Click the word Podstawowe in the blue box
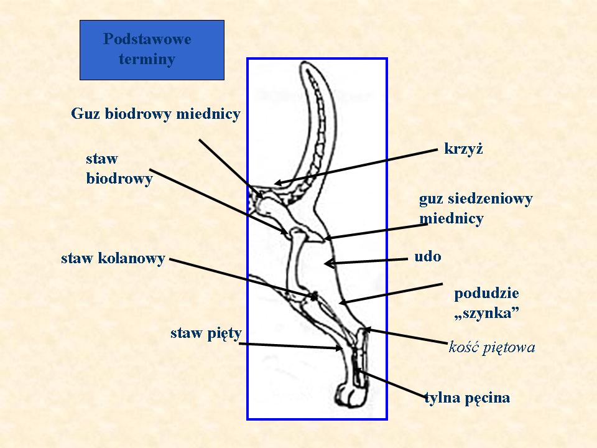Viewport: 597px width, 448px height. [x=147, y=39]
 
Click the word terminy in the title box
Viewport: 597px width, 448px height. [x=147, y=60]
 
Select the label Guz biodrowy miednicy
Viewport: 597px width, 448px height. [x=155, y=114]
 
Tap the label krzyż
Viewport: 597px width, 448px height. [x=464, y=149]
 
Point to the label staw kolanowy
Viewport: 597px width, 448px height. [x=113, y=258]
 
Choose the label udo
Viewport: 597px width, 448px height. [x=427, y=256]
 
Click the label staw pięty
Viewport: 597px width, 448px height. [x=206, y=334]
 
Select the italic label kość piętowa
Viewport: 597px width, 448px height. [x=491, y=347]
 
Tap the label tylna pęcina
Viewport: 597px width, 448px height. [x=467, y=398]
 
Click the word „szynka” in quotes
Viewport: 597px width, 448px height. [x=487, y=314]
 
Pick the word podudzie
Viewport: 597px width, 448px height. [x=486, y=293]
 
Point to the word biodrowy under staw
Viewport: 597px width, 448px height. [x=119, y=179]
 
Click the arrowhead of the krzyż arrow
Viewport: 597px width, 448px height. [x=277, y=184]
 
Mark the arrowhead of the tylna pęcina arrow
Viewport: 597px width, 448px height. [x=357, y=371]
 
